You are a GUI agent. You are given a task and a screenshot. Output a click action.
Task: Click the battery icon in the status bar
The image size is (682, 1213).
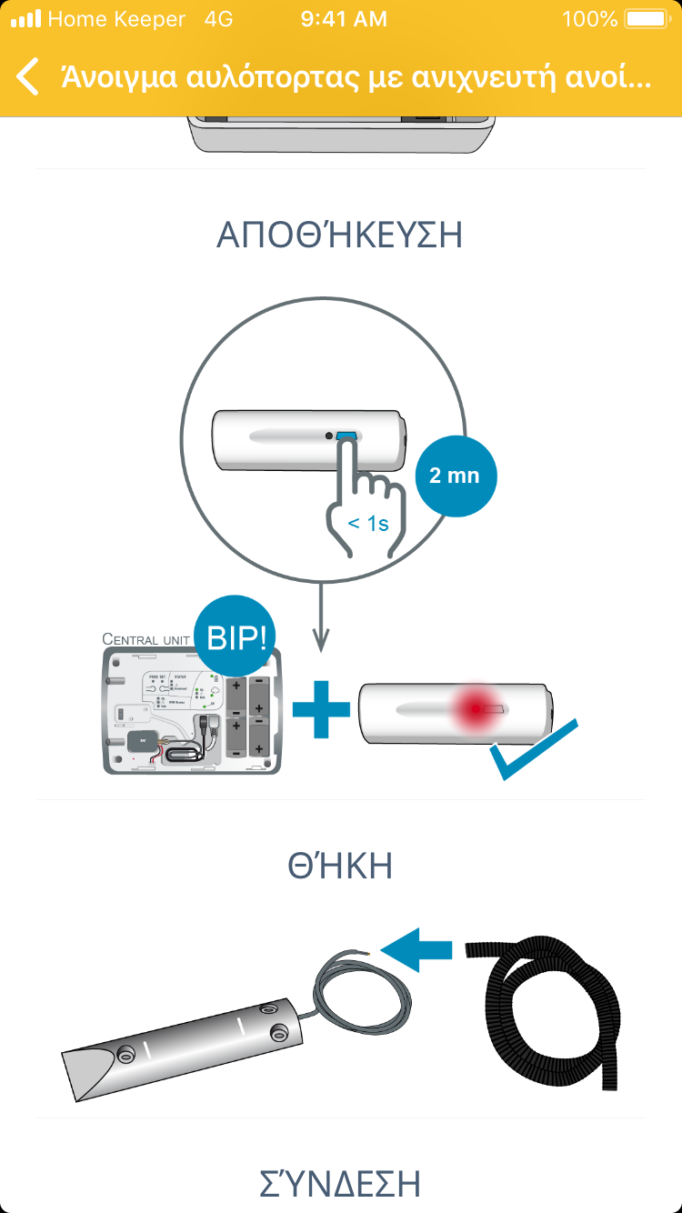pos(645,19)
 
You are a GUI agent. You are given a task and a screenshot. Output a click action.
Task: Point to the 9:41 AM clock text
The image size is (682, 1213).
pos(343,19)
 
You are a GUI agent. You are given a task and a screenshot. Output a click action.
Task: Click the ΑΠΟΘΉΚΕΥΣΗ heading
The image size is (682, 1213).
pos(340,236)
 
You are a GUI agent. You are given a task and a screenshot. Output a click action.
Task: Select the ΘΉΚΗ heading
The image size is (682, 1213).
pos(340,867)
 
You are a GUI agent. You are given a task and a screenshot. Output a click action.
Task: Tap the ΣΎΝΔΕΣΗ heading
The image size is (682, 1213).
pos(340,1184)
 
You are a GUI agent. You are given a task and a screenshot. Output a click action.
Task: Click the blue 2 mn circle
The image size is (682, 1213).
pos(456,476)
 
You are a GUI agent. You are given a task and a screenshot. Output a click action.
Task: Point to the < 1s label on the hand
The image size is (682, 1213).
pos(368,523)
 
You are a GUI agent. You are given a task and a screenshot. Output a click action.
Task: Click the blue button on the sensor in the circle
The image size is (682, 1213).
pos(346,437)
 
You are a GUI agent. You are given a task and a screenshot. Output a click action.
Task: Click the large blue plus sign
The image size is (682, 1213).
pos(321,707)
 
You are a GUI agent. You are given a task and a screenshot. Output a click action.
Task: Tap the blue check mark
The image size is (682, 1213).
pos(532,751)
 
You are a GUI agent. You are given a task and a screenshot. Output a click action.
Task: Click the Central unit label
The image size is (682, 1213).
pos(145,639)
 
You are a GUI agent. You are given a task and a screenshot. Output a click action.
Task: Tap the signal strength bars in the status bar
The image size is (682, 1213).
pos(26,19)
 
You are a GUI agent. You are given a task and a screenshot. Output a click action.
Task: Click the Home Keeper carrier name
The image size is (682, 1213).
pos(116,19)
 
